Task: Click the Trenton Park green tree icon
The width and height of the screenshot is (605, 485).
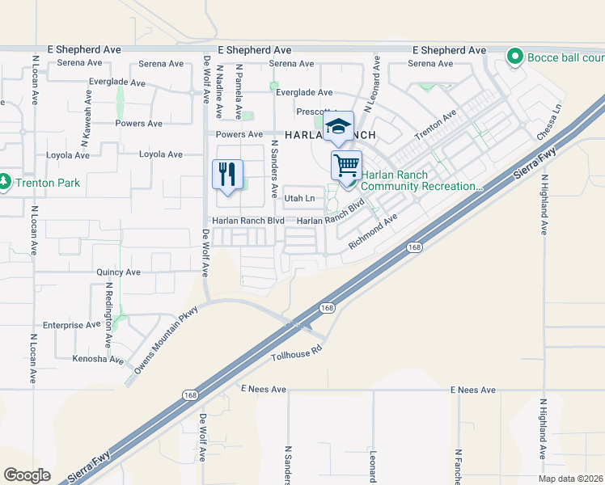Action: (4, 183)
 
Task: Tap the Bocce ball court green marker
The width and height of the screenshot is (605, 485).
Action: (513, 57)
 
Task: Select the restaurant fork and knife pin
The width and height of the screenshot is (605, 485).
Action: (227, 175)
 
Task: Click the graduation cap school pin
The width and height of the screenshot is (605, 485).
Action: (339, 127)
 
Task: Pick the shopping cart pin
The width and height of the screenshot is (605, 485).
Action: (346, 165)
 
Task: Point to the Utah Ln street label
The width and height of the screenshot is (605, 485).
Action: (299, 198)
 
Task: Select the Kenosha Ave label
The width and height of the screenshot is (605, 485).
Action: (98, 359)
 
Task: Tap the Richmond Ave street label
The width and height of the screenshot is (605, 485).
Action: (374, 231)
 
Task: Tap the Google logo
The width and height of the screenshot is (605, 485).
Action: (27, 475)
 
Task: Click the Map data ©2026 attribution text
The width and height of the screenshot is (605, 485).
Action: (570, 479)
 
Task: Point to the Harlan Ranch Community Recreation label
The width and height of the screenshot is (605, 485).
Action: (421, 180)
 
